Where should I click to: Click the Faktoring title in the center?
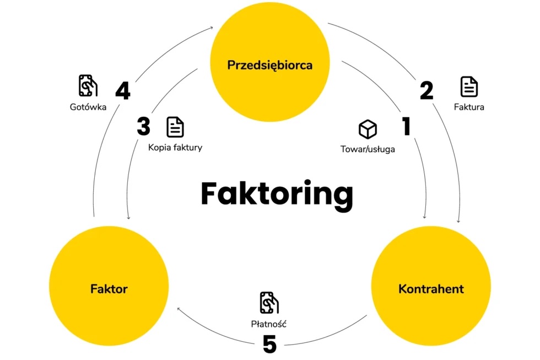click(277, 194)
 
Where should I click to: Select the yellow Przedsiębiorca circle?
click(269, 62)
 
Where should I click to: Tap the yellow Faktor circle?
click(109, 286)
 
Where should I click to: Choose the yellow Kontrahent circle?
click(431, 286)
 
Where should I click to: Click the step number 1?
click(407, 126)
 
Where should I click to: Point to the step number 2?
click(426, 90)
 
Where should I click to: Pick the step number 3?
click(144, 126)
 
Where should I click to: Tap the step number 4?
click(122, 90)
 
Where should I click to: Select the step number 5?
click(269, 344)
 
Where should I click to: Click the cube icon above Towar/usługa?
click(368, 129)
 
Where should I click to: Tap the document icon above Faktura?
click(469, 87)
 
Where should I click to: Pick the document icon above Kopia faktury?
click(175, 127)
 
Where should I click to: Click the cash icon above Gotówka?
click(88, 85)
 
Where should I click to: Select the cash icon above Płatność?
click(269, 303)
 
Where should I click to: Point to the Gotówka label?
click(88, 107)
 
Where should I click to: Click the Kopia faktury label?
click(175, 147)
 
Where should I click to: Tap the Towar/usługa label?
click(368, 149)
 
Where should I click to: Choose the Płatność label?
click(269, 324)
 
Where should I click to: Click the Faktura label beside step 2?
click(469, 107)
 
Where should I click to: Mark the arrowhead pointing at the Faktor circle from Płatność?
click(179, 309)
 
